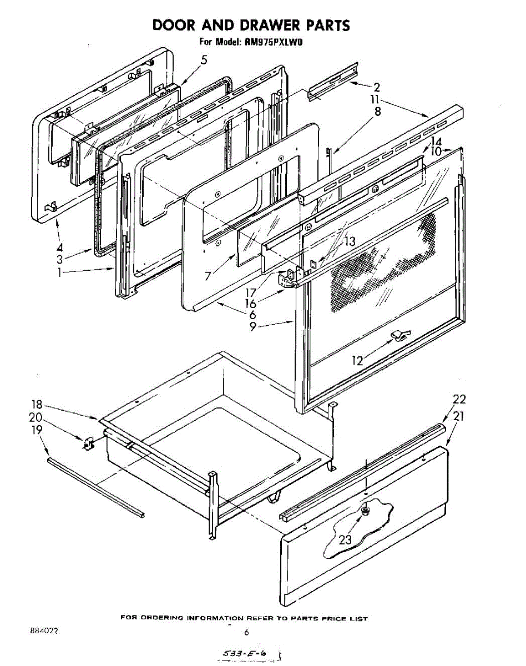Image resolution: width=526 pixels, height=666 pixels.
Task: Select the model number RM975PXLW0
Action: click(273, 42)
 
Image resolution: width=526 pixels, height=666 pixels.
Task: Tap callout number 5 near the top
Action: click(204, 60)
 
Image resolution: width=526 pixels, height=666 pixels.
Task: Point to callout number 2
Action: click(377, 87)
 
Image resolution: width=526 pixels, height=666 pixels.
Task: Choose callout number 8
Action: click(378, 112)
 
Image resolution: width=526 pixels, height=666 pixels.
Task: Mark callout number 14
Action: click(436, 142)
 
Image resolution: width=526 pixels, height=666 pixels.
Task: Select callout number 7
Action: click(208, 275)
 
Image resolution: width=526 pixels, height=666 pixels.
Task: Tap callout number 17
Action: click(251, 292)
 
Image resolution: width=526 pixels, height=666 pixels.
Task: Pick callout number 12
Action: click(357, 361)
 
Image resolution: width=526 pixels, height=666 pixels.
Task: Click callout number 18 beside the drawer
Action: click(37, 405)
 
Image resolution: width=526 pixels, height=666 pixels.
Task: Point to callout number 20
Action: click(36, 417)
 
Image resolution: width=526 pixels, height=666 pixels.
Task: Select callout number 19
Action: click(37, 430)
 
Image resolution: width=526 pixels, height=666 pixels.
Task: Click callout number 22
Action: click(459, 399)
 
